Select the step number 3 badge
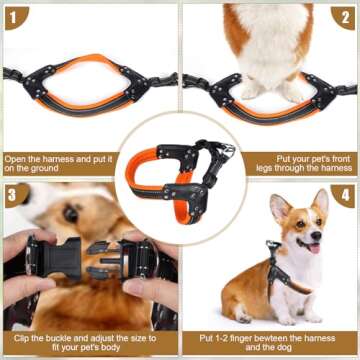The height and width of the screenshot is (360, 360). point(15,193)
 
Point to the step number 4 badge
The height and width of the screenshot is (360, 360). point(345,193)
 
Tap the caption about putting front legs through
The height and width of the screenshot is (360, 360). point(300,164)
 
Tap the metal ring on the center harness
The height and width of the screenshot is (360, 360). point(229,151)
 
